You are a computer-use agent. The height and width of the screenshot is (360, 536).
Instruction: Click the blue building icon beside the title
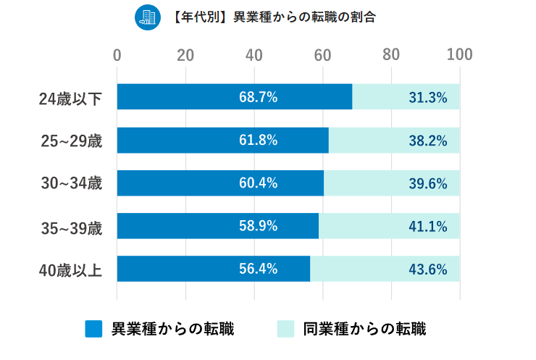(148, 17)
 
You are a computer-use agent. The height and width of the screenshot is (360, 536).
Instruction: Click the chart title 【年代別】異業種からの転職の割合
(275, 17)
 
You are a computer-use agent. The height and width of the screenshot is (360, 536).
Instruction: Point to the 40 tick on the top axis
(254, 55)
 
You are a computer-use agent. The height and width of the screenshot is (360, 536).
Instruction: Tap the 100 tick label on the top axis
(459, 55)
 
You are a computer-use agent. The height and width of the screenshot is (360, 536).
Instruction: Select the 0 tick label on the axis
(117, 55)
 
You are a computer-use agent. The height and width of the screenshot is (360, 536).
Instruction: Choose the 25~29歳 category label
(70, 141)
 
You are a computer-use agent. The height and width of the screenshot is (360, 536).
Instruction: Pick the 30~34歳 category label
(70, 184)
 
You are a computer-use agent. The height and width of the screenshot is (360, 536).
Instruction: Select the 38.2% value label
(427, 141)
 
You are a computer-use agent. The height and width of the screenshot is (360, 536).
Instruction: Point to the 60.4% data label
(259, 183)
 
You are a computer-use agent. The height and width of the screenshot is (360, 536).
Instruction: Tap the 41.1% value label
(427, 227)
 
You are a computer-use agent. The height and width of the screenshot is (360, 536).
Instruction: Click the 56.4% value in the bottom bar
(259, 269)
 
